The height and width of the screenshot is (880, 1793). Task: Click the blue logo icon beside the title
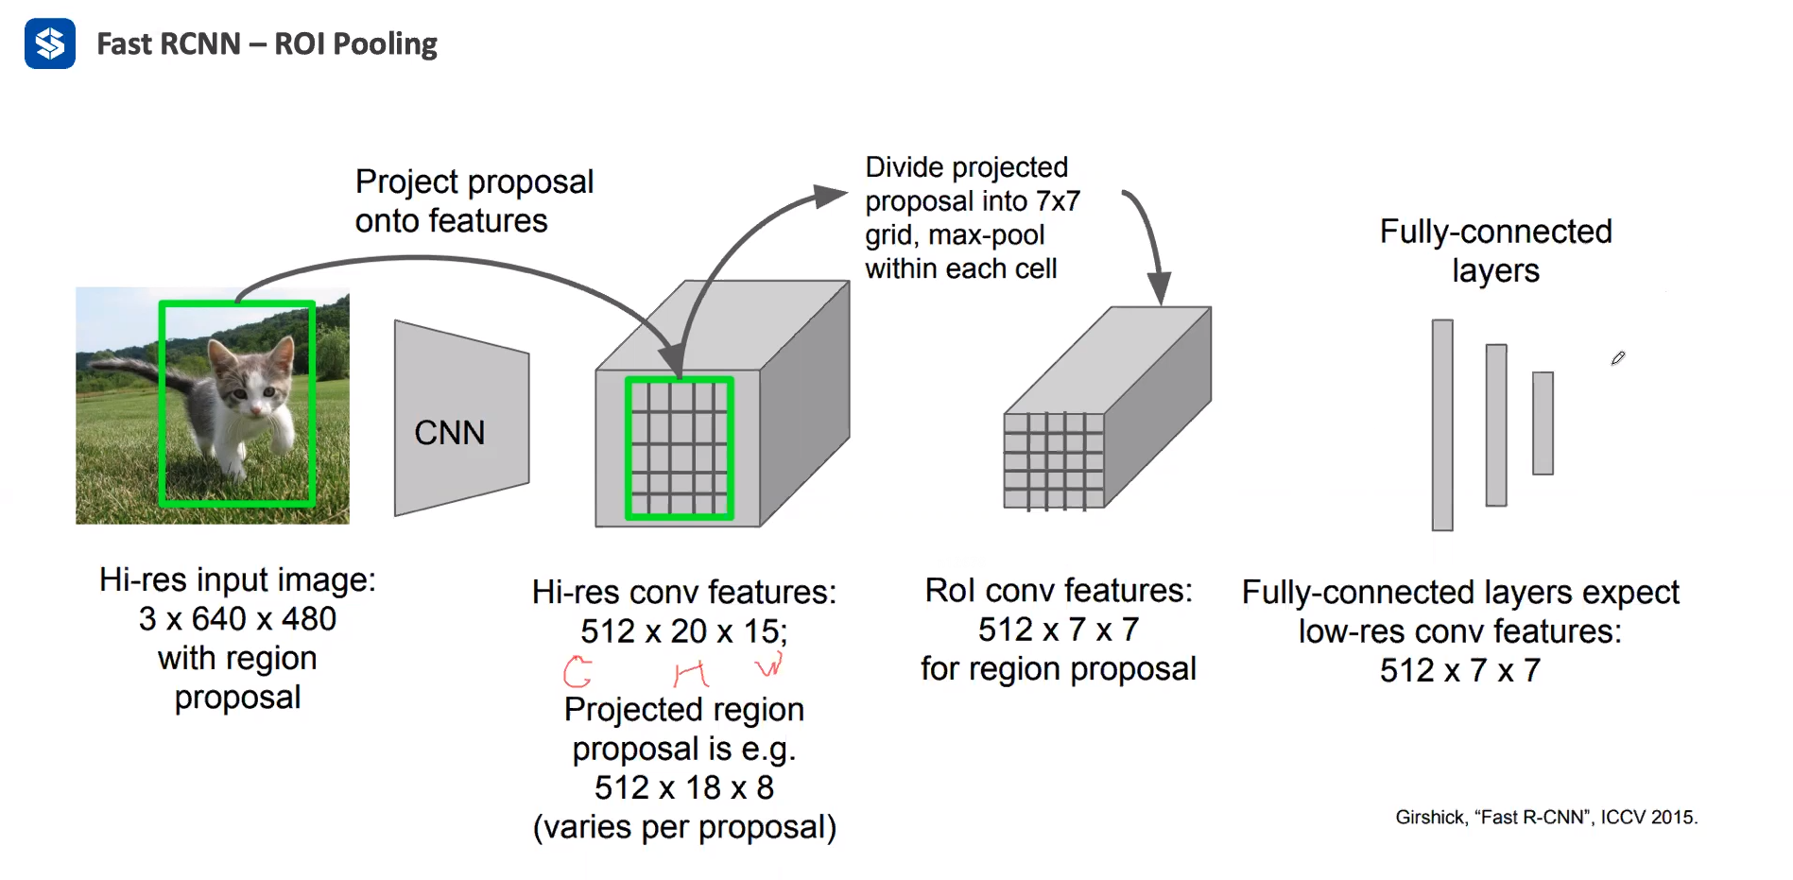click(49, 43)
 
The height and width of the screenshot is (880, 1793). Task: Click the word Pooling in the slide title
click(385, 44)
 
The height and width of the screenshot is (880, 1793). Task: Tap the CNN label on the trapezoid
click(449, 433)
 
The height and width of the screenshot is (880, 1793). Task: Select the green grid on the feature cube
click(679, 448)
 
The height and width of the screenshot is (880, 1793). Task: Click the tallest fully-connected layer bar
click(1441, 425)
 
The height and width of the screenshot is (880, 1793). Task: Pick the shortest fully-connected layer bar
click(1543, 423)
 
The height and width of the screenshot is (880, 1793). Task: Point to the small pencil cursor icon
click(1617, 358)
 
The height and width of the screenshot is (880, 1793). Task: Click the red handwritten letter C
click(578, 671)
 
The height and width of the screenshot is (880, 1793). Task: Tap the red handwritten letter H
click(690, 673)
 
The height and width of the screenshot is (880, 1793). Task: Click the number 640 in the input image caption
click(218, 619)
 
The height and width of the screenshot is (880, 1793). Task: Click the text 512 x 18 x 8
click(683, 787)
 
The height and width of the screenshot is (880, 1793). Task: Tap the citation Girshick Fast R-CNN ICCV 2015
click(1545, 817)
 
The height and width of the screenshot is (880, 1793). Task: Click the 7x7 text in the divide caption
click(1057, 201)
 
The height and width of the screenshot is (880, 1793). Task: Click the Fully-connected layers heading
click(1495, 250)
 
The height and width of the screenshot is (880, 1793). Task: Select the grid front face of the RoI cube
click(1053, 461)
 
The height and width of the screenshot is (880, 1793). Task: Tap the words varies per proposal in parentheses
click(684, 827)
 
